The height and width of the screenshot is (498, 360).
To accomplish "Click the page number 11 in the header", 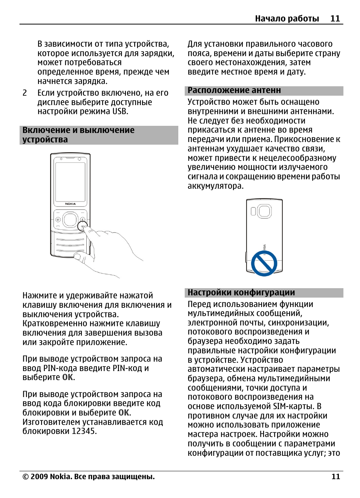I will pos(335,18).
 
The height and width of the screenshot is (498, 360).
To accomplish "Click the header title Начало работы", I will pos(286,18).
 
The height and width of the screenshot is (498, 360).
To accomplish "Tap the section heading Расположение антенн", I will pos(234,90).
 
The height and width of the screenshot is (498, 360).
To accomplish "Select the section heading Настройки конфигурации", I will pos(241,293).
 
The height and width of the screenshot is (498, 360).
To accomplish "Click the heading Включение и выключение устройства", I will pos(78,135).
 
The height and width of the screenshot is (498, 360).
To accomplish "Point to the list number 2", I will pos(25,93).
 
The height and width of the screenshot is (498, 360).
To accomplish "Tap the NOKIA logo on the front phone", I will pos(70,204).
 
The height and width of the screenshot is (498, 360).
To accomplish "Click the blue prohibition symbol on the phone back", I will pos(264,263).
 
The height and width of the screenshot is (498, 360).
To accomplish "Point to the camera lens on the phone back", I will pos(264,211).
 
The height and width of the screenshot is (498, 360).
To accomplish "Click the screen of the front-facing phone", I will pos(70,182).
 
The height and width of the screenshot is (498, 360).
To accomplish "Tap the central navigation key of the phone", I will pos(70,219).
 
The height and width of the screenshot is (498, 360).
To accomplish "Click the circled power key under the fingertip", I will pos(82,226).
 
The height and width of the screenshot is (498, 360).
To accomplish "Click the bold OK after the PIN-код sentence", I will pos(68,377).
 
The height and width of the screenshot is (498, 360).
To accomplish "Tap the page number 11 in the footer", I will pos(335,477).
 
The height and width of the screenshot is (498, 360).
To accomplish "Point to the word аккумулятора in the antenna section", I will pos(215,186).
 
